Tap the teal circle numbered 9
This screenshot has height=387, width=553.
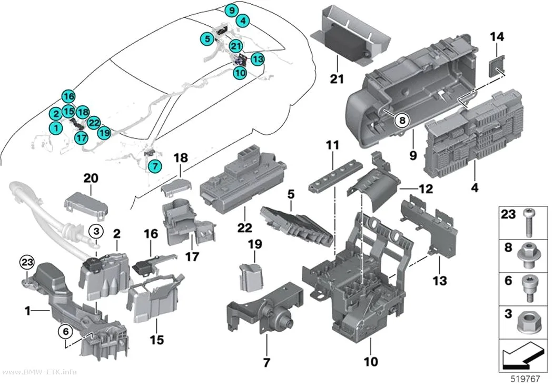tap(231, 10)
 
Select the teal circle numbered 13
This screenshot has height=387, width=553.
tap(258, 59)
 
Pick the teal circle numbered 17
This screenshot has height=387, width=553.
tap(82, 137)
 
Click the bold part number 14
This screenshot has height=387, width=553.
tap(497, 37)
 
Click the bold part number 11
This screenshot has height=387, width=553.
tap(332, 145)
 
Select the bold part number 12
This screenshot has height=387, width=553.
tap(426, 189)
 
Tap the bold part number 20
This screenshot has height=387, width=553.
tap(91, 178)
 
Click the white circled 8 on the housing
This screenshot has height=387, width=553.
tap(402, 120)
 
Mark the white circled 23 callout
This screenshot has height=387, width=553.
tap(27, 262)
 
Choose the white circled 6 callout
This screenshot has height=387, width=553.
tap(66, 331)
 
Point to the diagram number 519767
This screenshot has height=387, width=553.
tap(525, 379)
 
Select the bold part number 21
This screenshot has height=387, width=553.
tap(337, 78)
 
